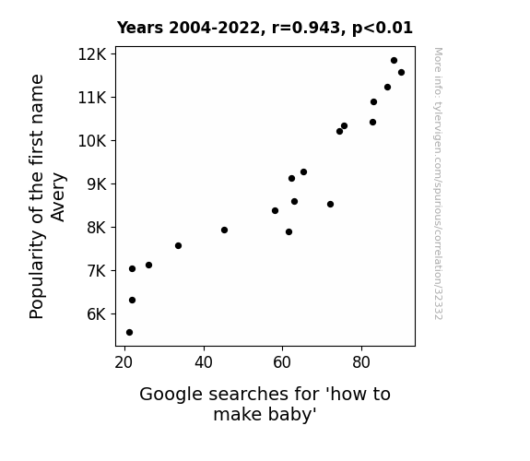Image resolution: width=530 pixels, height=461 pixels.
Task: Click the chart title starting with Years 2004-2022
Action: click(265, 28)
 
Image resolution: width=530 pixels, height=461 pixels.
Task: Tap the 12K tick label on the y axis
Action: click(92, 54)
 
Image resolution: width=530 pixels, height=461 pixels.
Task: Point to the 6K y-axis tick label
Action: click(97, 314)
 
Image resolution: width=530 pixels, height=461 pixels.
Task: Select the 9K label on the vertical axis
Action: click(97, 184)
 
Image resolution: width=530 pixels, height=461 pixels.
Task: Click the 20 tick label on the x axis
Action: click(124, 362)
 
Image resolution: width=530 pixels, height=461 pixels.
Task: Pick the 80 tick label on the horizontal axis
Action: click(361, 362)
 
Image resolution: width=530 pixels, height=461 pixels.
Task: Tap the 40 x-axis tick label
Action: click(204, 362)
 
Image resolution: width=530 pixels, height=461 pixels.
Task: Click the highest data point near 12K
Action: click(394, 61)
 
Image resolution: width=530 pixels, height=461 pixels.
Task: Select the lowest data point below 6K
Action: click(129, 333)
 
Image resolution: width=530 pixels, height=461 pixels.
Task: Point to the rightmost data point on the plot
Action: click(401, 73)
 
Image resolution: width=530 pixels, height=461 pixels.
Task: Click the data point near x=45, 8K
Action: click(224, 230)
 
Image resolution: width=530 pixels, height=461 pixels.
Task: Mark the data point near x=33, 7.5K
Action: click(178, 245)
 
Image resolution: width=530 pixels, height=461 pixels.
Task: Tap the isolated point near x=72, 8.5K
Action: click(330, 205)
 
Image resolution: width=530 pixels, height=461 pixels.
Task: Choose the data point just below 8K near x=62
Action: click(289, 232)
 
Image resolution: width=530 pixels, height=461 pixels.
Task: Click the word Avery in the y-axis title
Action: click(58, 197)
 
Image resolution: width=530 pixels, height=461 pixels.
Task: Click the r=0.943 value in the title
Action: click(306, 28)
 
